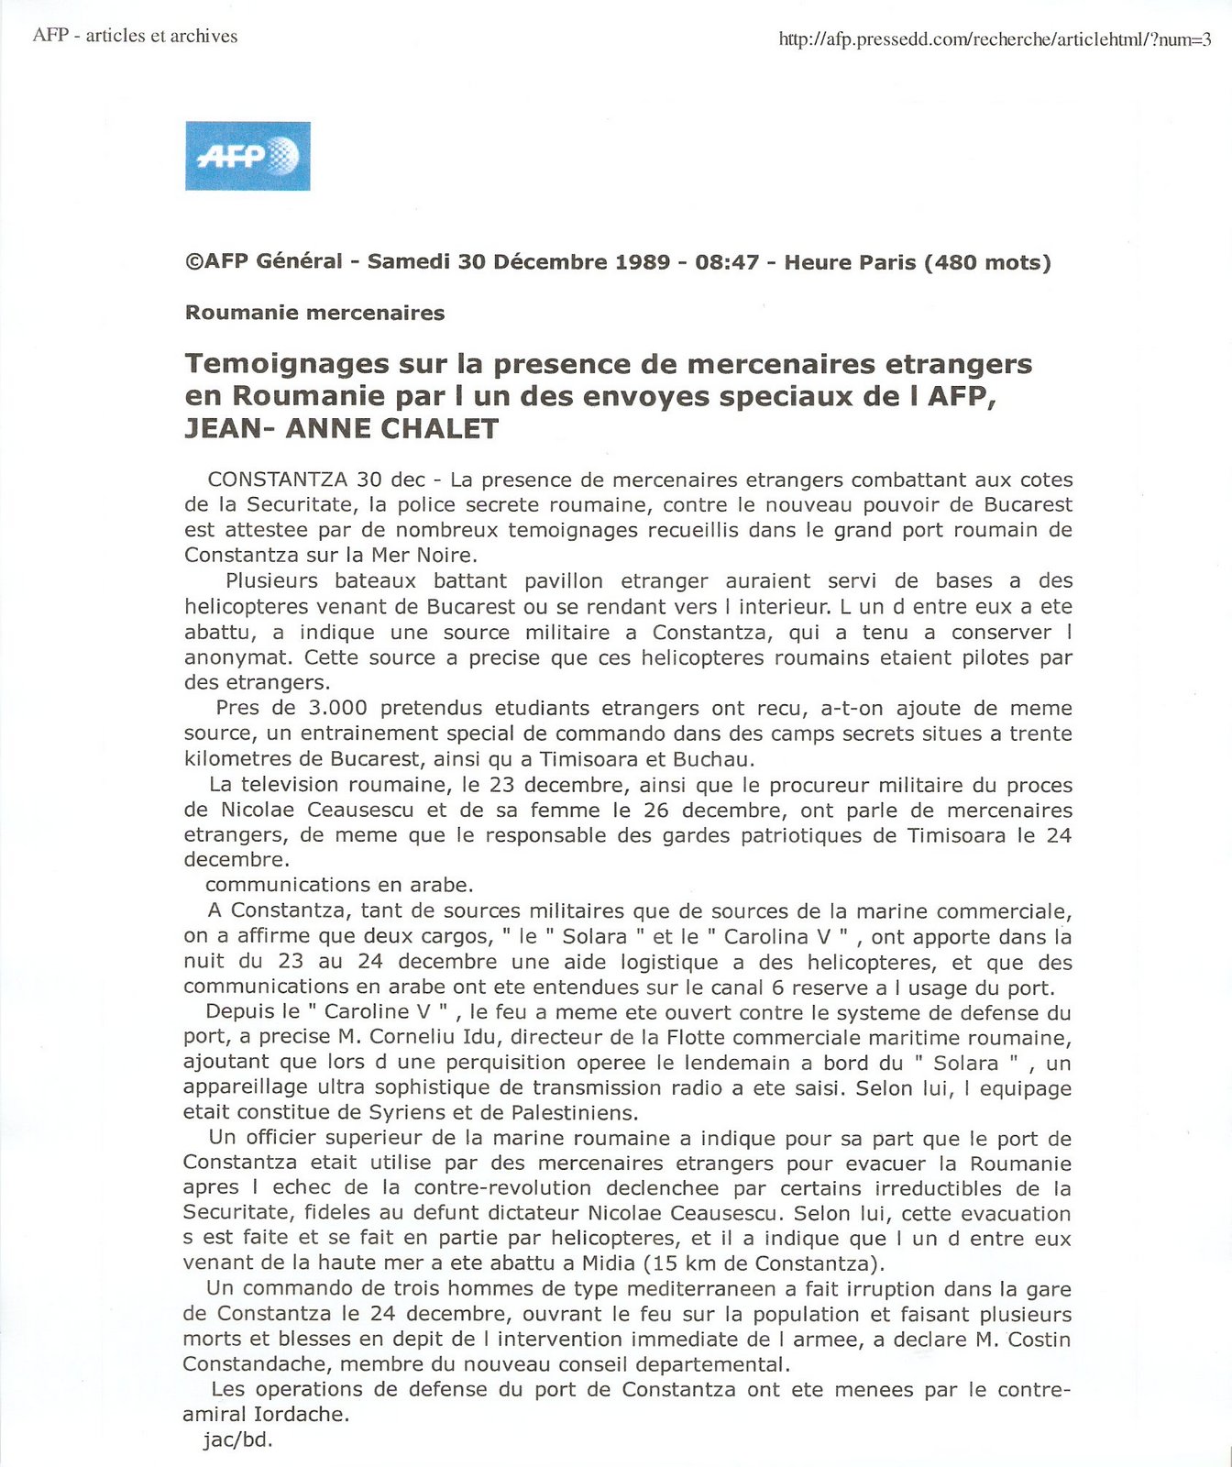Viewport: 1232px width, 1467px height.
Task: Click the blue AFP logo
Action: [247, 156]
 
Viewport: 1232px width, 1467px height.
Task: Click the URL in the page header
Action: [995, 39]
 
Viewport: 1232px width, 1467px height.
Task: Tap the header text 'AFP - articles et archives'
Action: [135, 36]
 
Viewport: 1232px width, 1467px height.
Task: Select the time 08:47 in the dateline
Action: [727, 262]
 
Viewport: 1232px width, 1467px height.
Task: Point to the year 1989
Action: [643, 262]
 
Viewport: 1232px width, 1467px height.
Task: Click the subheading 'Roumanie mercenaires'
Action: [314, 313]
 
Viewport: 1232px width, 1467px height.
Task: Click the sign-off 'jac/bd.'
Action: [238, 1440]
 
